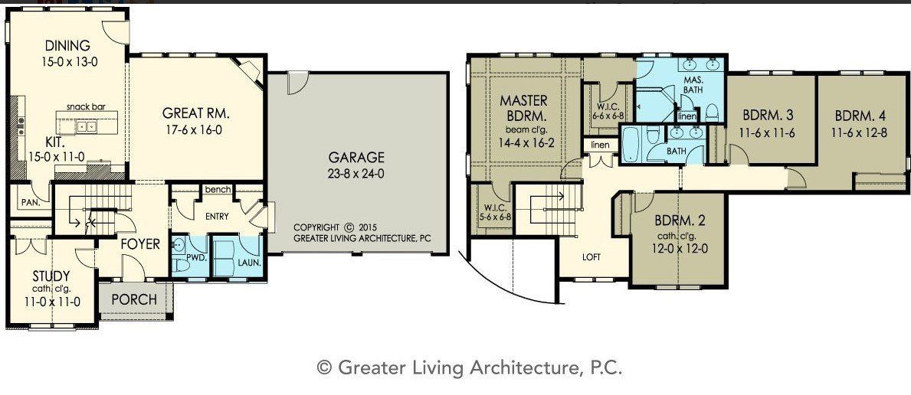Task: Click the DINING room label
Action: point(67,45)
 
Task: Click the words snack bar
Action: point(86,107)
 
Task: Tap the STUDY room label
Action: point(51,276)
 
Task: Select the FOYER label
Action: point(139,244)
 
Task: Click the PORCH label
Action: point(134,299)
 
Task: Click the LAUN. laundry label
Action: point(248,262)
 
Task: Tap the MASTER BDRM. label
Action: point(524,108)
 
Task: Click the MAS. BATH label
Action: point(693,85)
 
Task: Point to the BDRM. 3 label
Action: point(767,116)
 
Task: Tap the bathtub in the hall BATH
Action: point(632,145)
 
